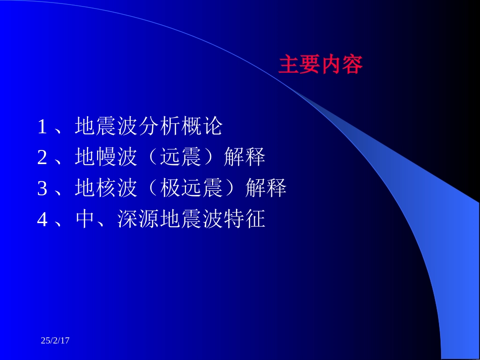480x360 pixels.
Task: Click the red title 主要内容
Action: pos(320,65)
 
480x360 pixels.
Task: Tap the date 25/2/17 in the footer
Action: pos(55,341)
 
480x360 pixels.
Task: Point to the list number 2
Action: pos(42,158)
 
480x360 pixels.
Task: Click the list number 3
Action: pos(42,189)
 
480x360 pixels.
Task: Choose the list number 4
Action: pos(42,220)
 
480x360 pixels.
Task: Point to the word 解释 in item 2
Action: pos(245,158)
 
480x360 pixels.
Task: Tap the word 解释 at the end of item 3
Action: pos(266,188)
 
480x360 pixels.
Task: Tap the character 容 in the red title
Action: pos(352,65)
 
